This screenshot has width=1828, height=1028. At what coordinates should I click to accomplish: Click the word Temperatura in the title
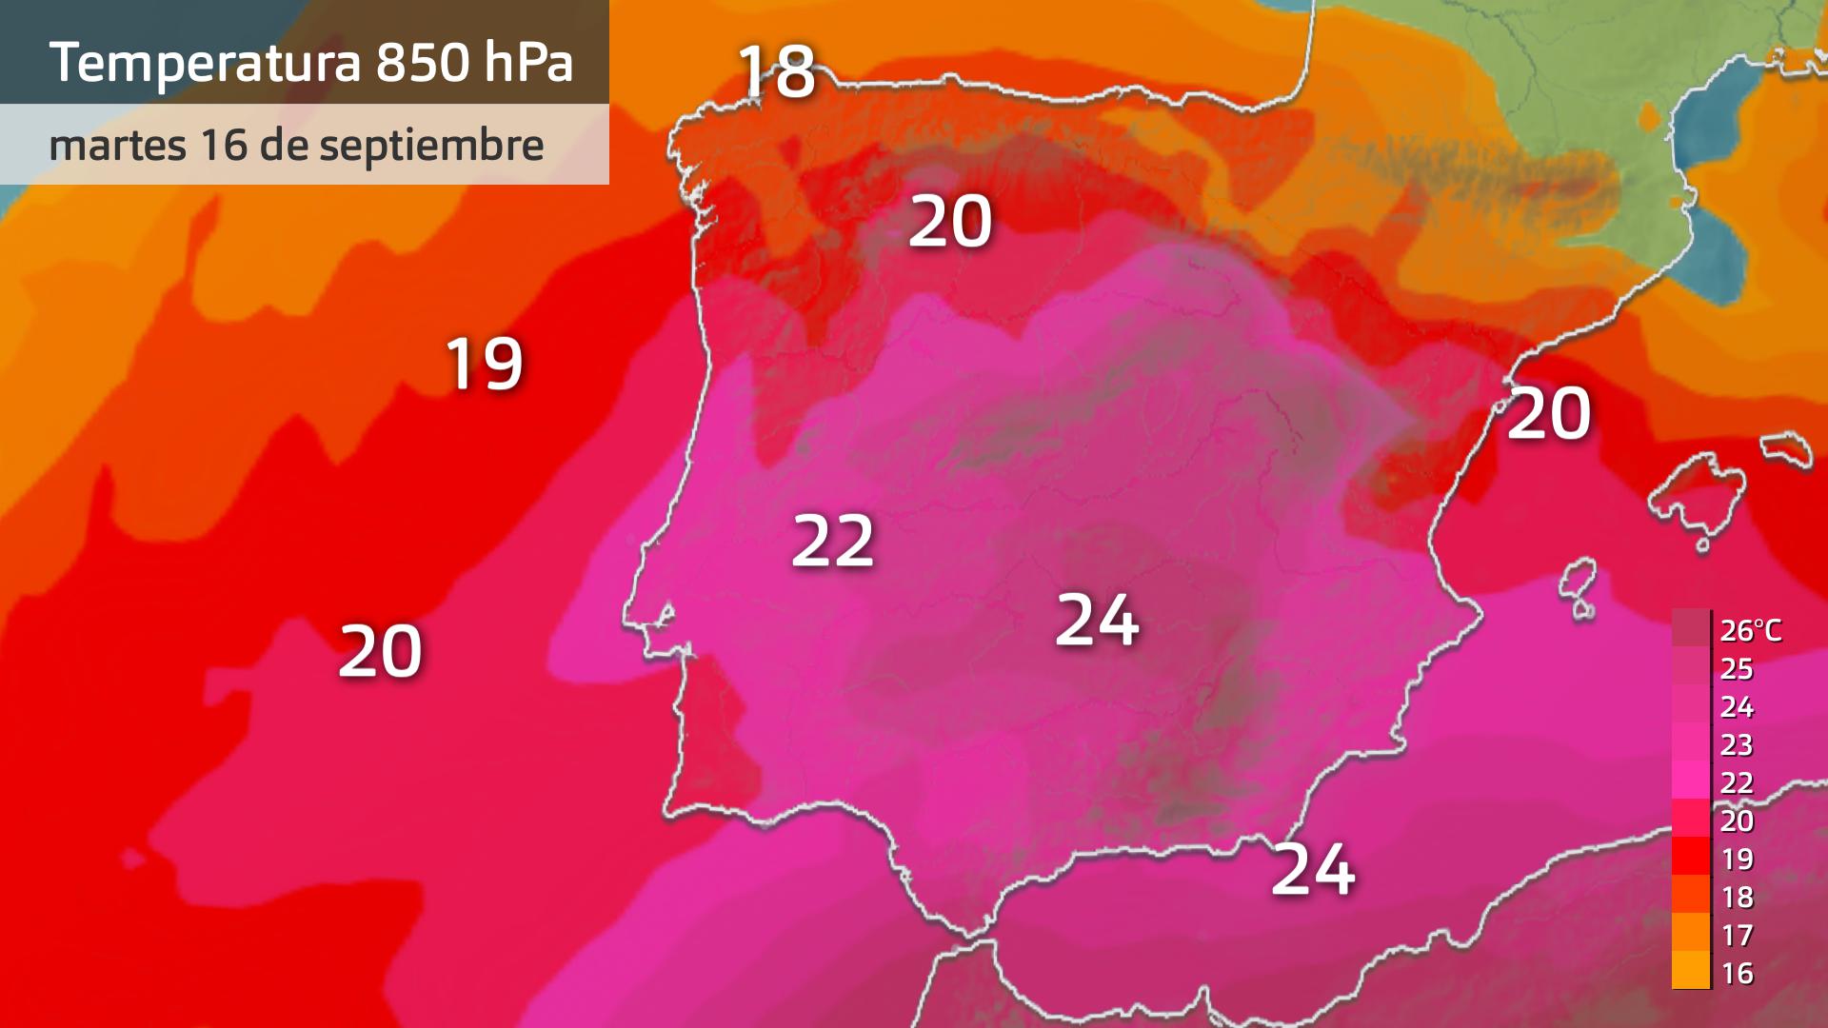coord(205,63)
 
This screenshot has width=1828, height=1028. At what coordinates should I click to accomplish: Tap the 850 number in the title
coord(422,63)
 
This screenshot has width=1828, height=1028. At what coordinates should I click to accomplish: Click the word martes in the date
coord(117,146)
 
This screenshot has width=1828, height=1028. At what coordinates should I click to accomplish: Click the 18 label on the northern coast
coord(777,71)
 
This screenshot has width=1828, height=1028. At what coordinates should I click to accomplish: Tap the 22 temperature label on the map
coord(833,542)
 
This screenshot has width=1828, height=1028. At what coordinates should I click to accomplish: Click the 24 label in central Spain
coord(1097,621)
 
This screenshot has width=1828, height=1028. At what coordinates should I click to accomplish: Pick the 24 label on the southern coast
coord(1313,869)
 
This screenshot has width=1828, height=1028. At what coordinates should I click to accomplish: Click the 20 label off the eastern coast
coord(1549,414)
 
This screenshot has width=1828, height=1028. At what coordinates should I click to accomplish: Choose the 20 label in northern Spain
coord(950,223)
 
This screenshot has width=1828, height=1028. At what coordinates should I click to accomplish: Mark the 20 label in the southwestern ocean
coord(380,652)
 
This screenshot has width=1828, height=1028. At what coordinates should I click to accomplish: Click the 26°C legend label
coord(1750,630)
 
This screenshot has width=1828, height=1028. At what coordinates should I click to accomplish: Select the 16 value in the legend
coord(1738,973)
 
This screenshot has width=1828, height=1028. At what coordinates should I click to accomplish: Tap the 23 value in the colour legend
coord(1738,744)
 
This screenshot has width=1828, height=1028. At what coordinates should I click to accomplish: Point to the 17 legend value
coord(1738,935)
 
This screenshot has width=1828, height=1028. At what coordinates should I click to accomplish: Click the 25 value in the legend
coord(1738,668)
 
